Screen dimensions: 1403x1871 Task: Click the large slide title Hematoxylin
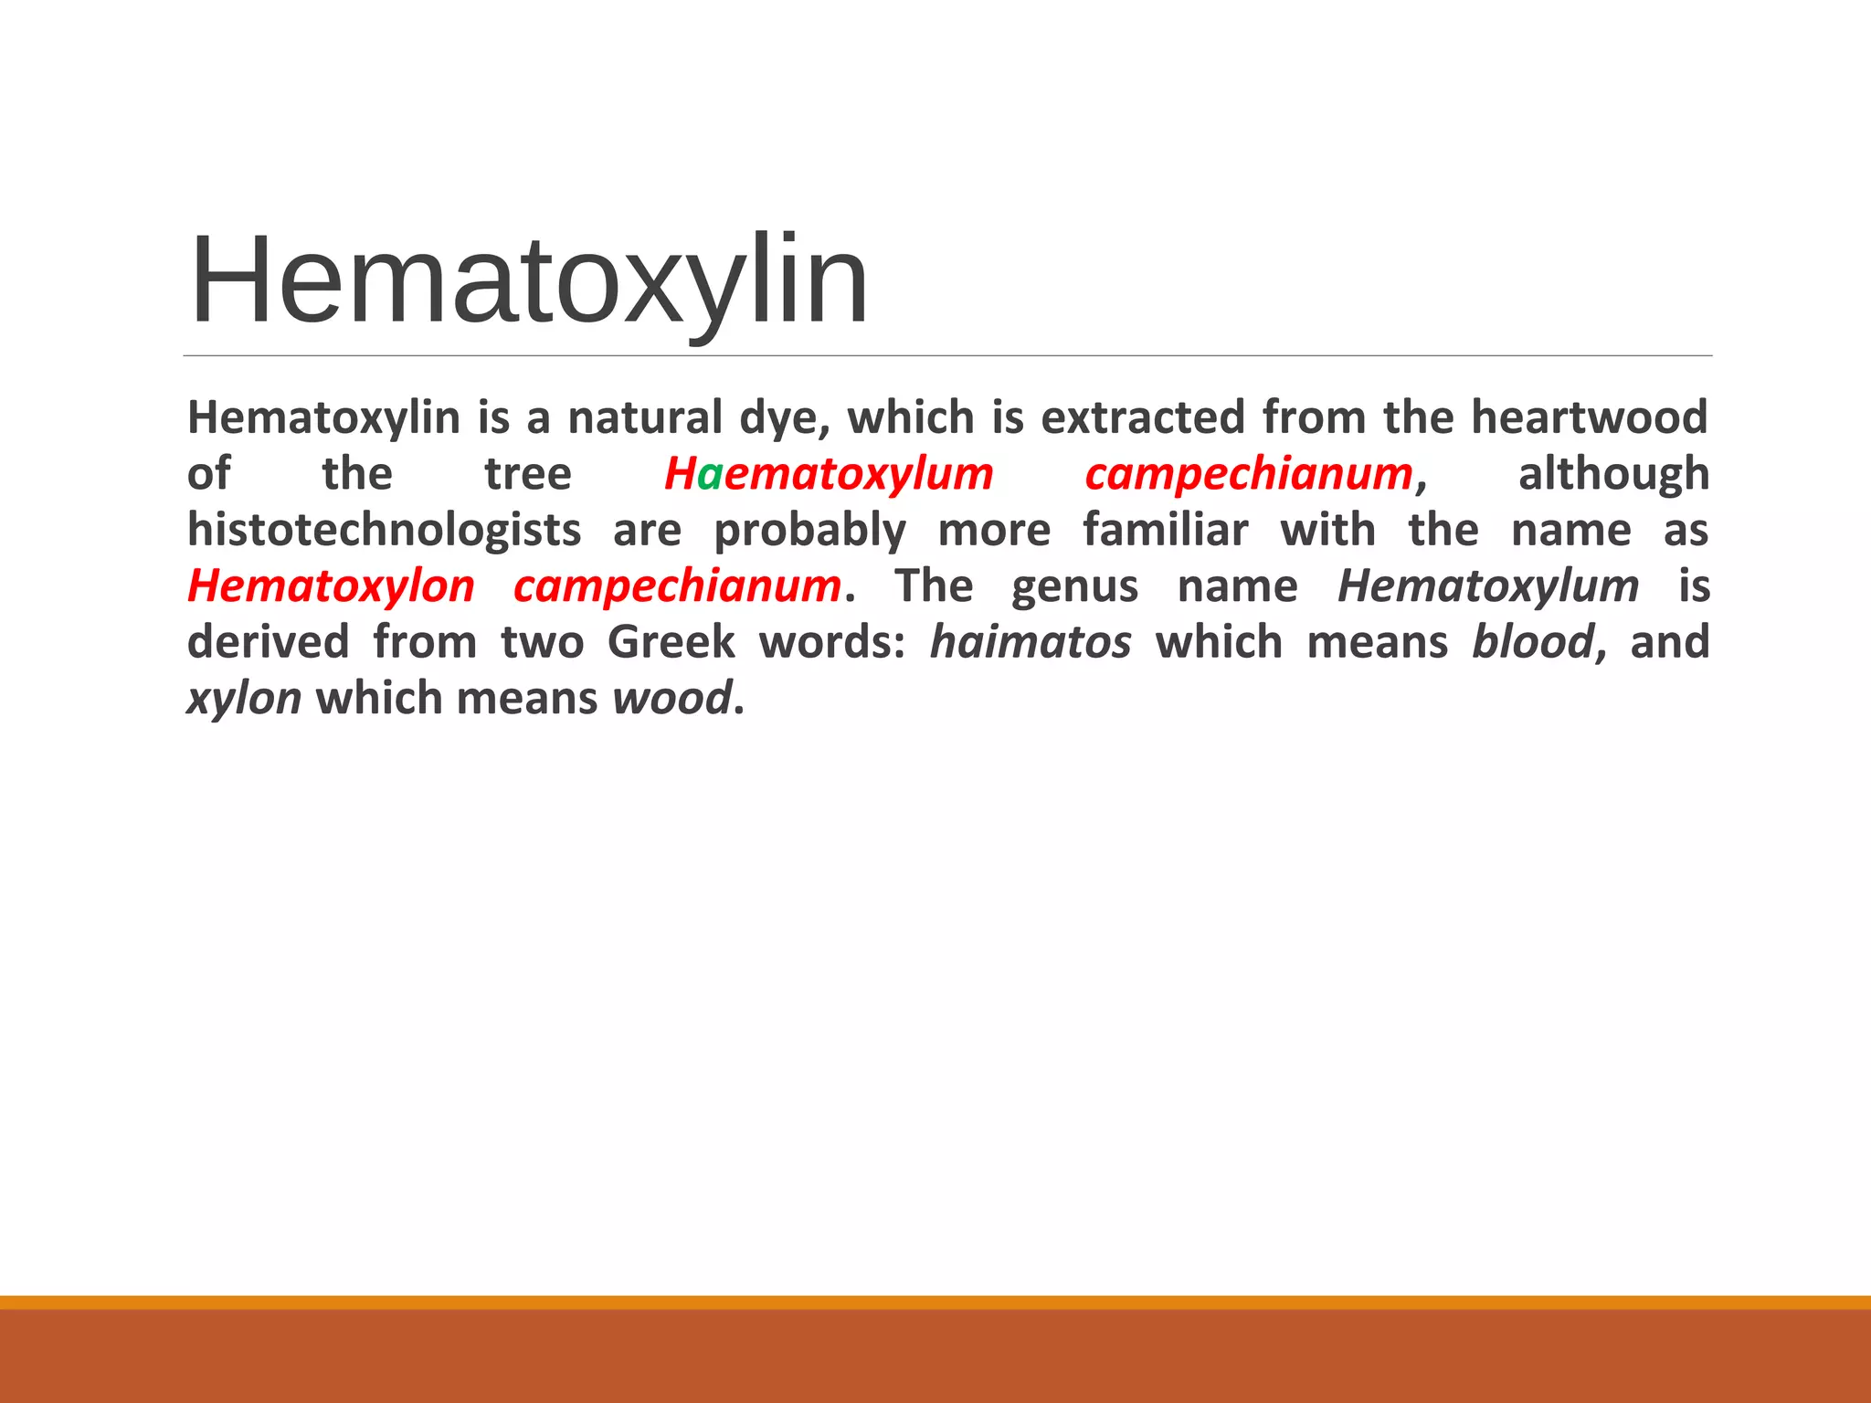point(528,281)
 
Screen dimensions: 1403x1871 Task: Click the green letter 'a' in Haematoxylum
point(710,475)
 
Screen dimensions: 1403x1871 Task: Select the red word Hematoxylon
point(331,586)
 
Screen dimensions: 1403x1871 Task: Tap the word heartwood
point(1589,418)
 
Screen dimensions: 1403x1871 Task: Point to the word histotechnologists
point(384,531)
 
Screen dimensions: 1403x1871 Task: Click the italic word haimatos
point(1031,642)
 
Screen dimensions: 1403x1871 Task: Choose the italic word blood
point(1533,642)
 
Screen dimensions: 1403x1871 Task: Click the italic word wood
point(671,699)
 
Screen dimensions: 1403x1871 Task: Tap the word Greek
point(671,642)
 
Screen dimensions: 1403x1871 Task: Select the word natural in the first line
point(645,418)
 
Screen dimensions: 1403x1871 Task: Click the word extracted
point(1143,418)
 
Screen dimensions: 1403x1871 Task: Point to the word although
point(1613,475)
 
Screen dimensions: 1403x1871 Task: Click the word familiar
point(1165,531)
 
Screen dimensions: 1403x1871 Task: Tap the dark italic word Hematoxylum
point(1488,586)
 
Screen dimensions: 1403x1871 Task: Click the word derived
point(268,642)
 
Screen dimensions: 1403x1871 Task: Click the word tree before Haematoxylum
point(528,475)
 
